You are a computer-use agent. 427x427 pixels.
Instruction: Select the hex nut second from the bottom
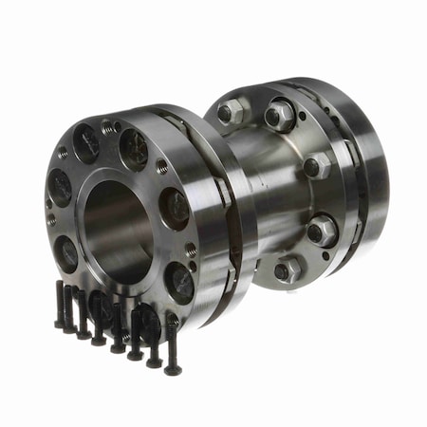pyautogui.click(x=320, y=229)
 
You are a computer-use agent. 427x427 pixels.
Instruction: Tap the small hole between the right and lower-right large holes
pyautogui.click(x=191, y=250)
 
